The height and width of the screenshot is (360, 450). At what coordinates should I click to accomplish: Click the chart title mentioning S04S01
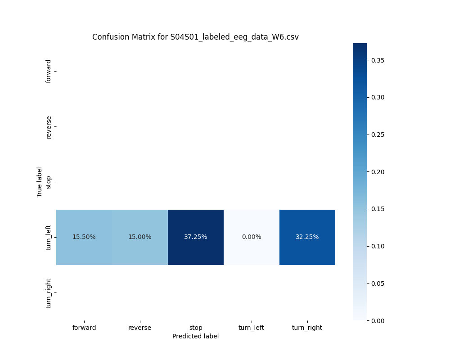(195, 37)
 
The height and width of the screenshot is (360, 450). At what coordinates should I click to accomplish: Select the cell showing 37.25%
(195, 237)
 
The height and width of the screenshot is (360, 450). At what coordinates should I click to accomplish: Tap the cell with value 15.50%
(84, 237)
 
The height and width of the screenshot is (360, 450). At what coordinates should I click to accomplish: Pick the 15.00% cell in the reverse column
(139, 237)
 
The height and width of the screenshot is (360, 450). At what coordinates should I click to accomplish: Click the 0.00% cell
(251, 237)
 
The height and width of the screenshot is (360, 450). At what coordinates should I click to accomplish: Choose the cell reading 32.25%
(307, 237)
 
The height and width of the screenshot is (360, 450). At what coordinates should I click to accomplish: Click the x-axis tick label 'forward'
(84, 328)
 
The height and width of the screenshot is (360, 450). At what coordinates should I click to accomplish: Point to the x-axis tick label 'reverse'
(139, 328)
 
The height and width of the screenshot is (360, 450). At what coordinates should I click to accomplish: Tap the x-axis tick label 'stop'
(195, 328)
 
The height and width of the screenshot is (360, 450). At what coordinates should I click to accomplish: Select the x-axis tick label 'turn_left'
(251, 328)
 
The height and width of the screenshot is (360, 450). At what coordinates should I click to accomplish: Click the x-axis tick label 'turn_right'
(307, 328)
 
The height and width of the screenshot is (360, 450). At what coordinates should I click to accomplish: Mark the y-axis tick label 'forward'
(49, 71)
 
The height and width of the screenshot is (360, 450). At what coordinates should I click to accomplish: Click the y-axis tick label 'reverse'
(49, 127)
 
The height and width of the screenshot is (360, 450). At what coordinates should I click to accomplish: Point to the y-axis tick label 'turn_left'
(49, 237)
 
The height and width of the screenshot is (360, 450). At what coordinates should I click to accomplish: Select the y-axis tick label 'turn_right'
(49, 293)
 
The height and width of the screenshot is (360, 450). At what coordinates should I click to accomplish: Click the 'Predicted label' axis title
(195, 336)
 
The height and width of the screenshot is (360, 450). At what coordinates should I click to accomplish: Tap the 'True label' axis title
(40, 182)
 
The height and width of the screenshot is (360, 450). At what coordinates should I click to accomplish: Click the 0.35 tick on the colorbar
(378, 60)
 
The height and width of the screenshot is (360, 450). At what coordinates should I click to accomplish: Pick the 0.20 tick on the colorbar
(378, 171)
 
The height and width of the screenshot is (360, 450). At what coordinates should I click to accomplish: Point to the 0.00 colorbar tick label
(378, 320)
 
